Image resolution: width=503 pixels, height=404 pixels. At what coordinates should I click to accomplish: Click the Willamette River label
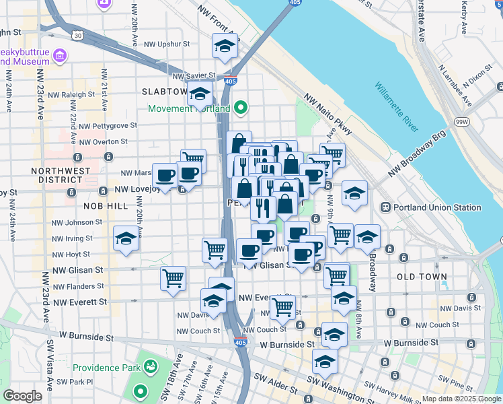coord(396,108)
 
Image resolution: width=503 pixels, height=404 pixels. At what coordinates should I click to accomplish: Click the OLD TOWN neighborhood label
coord(422,277)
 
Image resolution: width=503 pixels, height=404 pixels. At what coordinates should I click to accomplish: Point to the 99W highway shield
coord(462,121)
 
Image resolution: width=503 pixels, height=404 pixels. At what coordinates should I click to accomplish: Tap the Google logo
coord(22,396)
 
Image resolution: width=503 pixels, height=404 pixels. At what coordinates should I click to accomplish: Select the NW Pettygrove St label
coord(108,125)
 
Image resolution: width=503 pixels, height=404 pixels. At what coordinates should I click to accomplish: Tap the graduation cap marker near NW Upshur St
coord(225,46)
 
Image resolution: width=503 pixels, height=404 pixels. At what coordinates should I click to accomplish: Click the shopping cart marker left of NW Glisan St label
coord(173,278)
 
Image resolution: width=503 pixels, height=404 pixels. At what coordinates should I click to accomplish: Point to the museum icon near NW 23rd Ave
coord(59,55)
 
